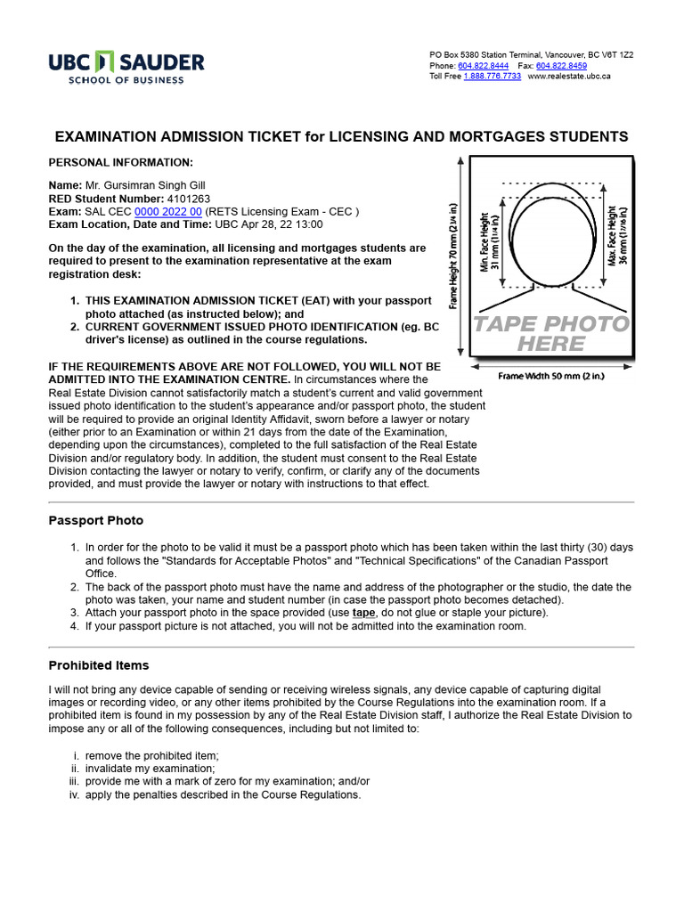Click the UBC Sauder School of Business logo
point(126,67)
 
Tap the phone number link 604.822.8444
point(484,66)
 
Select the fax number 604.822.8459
point(561,66)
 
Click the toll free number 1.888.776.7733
point(492,77)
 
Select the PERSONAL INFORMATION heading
point(120,162)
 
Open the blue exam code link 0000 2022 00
point(168,212)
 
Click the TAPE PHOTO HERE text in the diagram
point(550,333)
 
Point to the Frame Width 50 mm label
point(551,376)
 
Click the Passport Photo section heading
point(95,520)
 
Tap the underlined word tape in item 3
point(363,613)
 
